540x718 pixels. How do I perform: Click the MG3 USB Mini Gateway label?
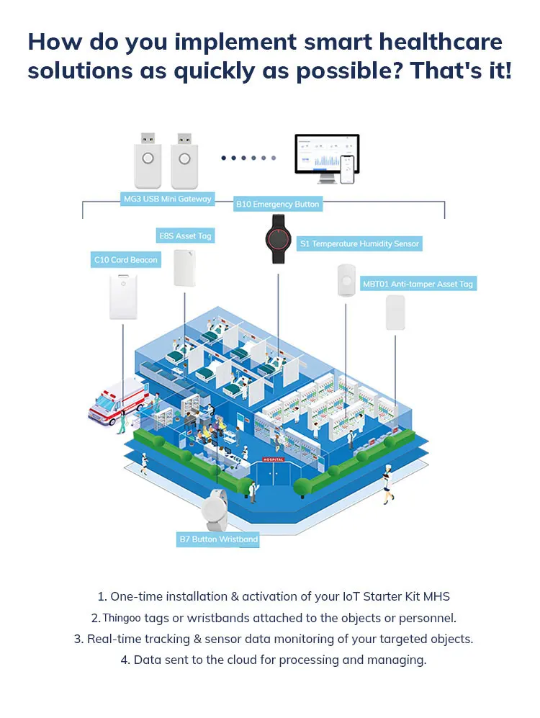(168, 199)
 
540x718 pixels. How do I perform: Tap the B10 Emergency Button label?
(277, 205)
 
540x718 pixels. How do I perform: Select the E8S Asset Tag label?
(186, 236)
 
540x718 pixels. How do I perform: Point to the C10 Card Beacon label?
(126, 259)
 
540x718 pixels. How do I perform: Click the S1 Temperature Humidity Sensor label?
(359, 244)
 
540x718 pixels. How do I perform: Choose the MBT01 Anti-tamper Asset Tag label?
(418, 284)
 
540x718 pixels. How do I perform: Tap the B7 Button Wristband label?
(217, 539)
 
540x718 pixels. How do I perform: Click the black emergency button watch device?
(278, 238)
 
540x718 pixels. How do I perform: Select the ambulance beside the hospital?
(115, 402)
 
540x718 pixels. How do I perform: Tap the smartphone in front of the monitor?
(348, 169)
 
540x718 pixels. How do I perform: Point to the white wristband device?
(215, 509)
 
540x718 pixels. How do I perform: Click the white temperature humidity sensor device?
(346, 280)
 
